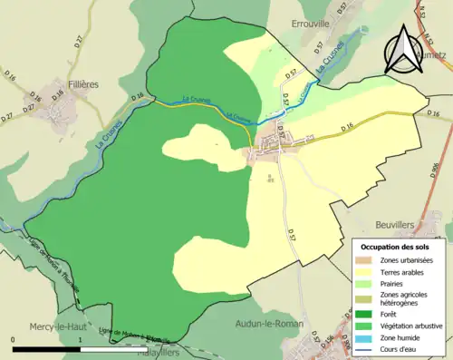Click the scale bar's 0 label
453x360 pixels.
[x=14, y=340]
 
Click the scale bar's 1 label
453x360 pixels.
[x=81, y=340]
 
